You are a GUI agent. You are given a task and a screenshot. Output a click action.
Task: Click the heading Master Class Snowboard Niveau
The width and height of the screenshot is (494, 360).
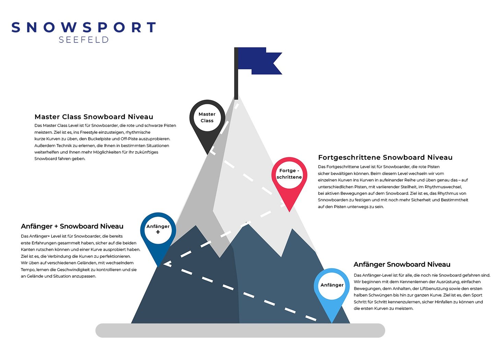pos(94,117)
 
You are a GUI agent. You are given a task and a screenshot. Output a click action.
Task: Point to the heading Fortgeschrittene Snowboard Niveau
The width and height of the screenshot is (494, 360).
pos(385,158)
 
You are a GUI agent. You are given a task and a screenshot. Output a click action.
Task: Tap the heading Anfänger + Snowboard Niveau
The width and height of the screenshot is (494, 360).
pos(72,226)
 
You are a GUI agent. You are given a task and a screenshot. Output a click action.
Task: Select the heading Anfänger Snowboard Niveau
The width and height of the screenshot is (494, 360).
pos(402,264)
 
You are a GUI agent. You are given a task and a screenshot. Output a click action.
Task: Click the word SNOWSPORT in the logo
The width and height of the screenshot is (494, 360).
pos(84,27)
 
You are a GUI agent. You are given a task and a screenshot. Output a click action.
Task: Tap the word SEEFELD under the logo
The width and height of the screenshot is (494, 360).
pos(84,40)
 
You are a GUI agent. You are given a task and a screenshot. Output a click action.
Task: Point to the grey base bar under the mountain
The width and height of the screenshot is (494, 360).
pos(240,331)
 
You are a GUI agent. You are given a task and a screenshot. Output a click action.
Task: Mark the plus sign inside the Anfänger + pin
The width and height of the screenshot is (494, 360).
pos(158,232)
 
